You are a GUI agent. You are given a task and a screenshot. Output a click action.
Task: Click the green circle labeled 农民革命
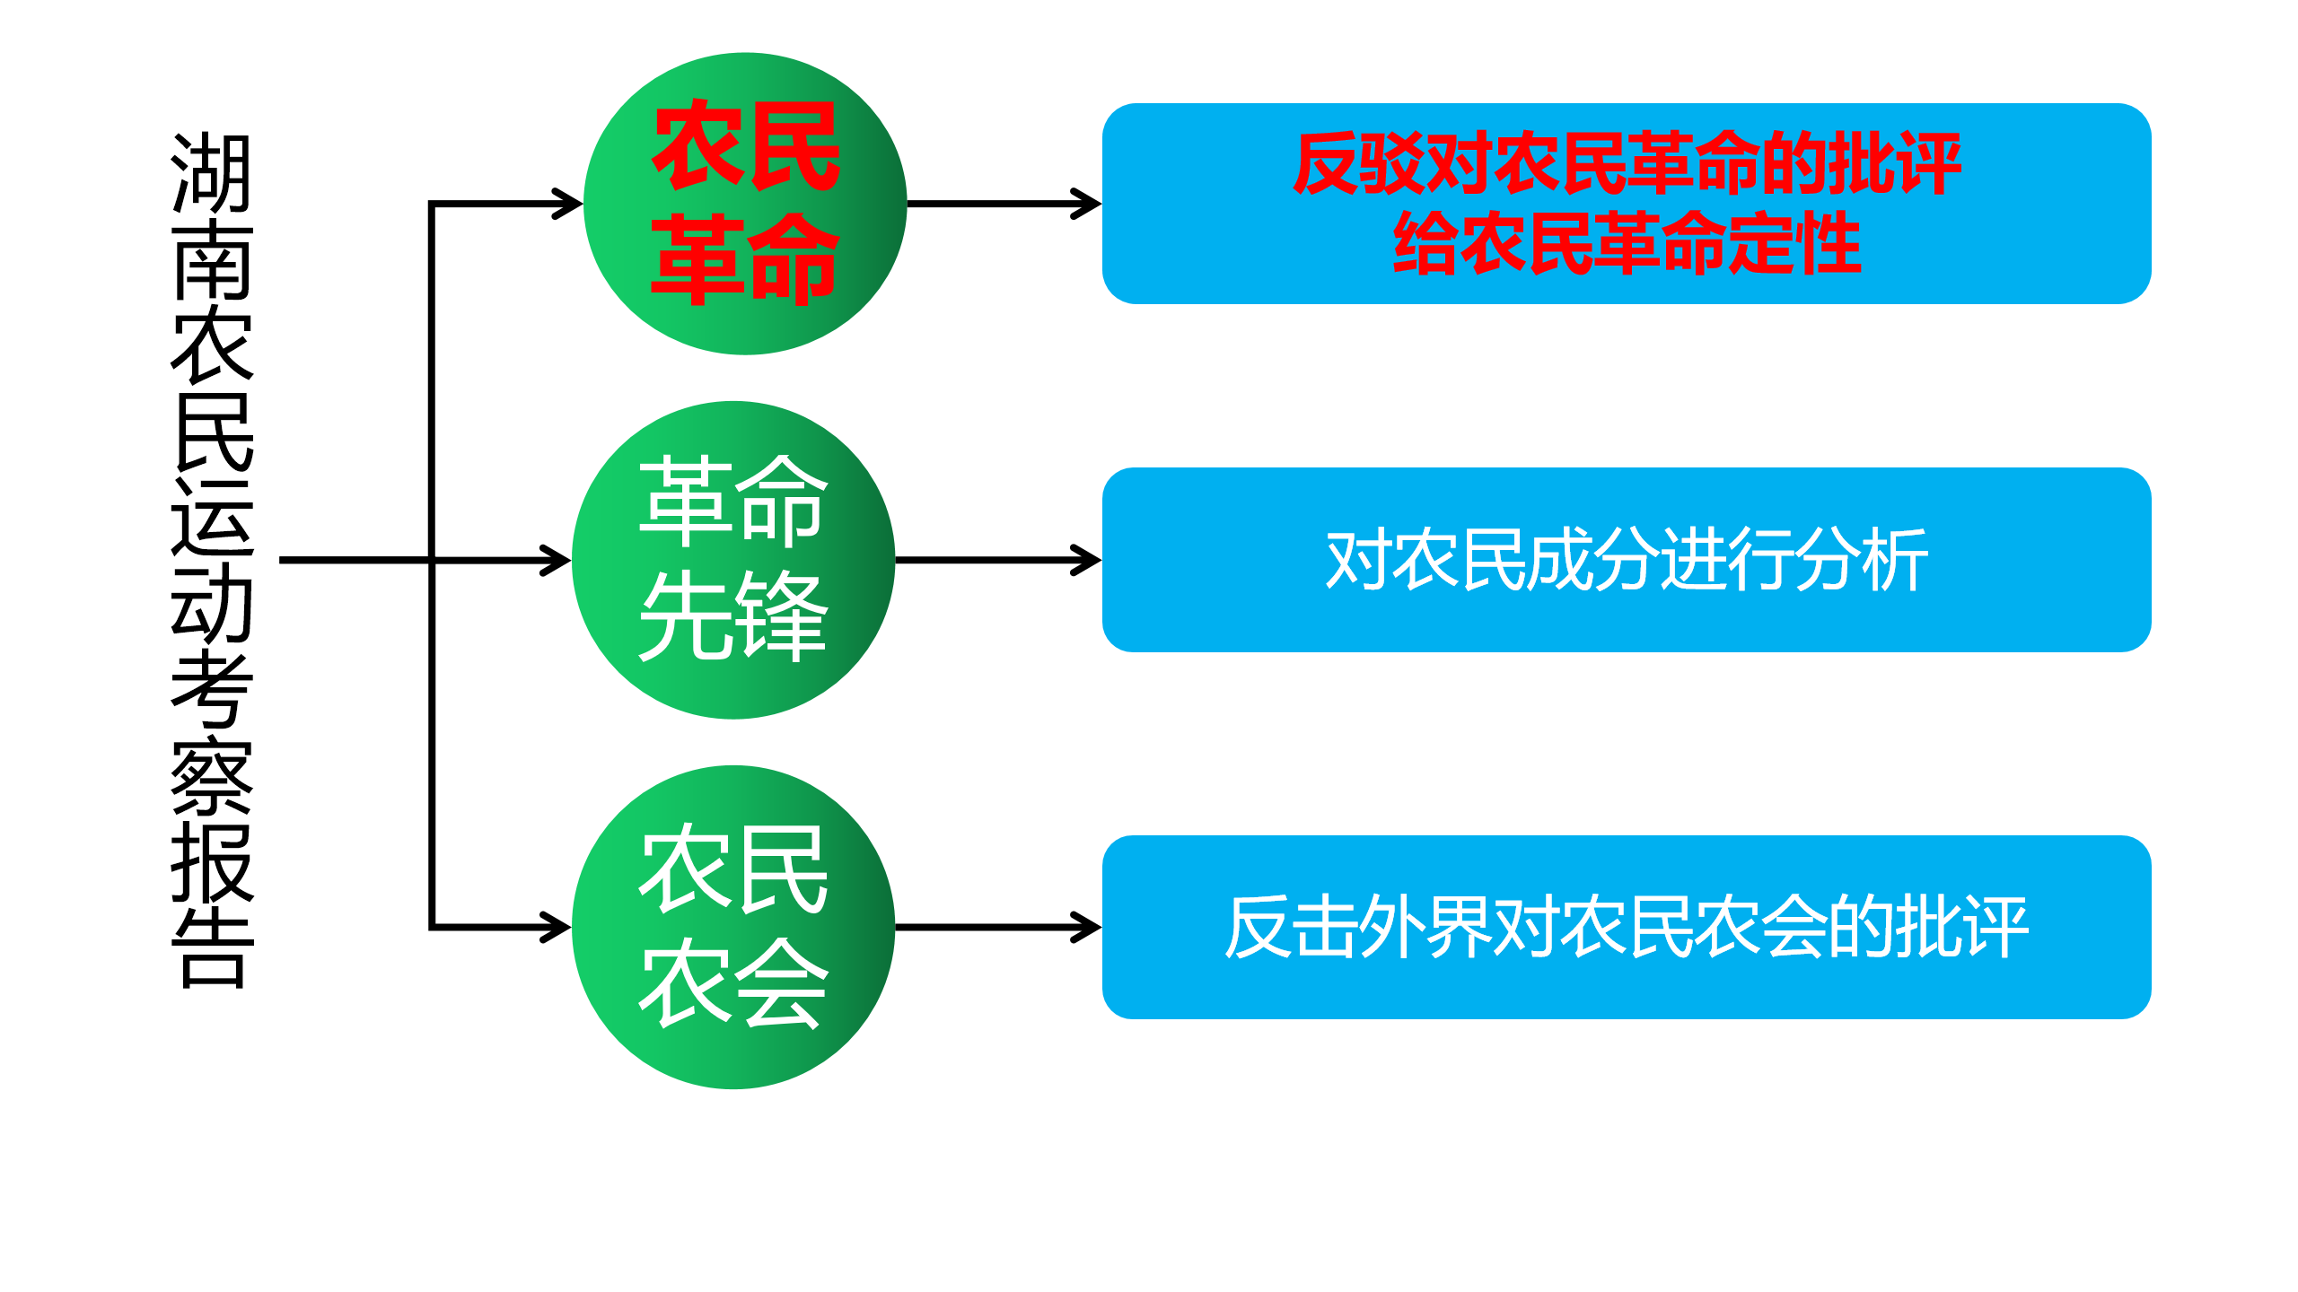pyautogui.click(x=745, y=204)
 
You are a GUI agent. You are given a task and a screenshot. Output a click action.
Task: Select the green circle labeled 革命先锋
pyautogui.click(x=733, y=560)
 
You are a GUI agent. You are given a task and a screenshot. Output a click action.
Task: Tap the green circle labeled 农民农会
pyautogui.click(x=733, y=927)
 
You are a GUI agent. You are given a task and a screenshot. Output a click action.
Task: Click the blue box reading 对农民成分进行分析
pyautogui.click(x=1626, y=560)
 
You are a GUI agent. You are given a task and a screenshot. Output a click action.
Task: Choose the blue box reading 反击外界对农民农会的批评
pyautogui.click(x=1626, y=927)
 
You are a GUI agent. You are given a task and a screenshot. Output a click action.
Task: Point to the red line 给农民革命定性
pyautogui.click(x=1626, y=243)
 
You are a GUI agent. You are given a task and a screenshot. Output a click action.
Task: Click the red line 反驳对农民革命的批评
pyautogui.click(x=1626, y=163)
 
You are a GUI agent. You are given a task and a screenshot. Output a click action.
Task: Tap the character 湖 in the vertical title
pyautogui.click(x=212, y=173)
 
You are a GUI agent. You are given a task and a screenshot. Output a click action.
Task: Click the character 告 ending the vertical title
pyautogui.click(x=212, y=949)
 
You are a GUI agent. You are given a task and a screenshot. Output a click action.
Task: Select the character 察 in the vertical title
pyautogui.click(x=212, y=777)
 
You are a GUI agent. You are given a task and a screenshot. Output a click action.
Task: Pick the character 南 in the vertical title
pyautogui.click(x=212, y=259)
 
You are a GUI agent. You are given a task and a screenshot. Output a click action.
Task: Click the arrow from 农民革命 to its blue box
pyautogui.click(x=1004, y=204)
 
